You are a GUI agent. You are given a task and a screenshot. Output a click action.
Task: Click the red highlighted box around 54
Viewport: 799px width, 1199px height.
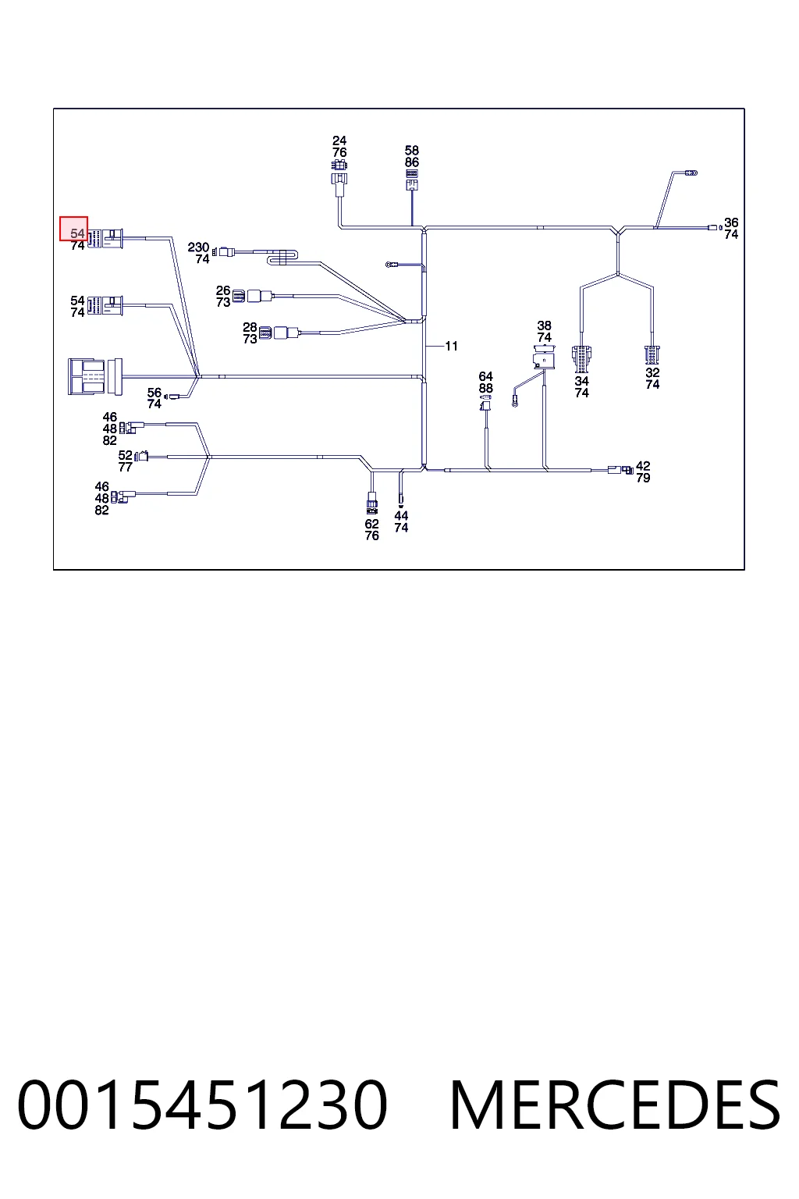coord(74,229)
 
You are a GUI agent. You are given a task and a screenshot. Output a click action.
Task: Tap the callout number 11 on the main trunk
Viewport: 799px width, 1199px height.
coord(451,347)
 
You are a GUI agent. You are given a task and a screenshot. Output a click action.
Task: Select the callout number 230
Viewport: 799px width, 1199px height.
coord(198,247)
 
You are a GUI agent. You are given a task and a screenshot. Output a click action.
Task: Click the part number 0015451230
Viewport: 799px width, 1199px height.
coord(202,1105)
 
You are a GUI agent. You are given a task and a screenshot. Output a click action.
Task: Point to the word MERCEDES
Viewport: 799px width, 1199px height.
coord(616,1105)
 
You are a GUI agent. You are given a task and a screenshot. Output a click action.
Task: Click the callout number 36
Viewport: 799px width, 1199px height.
coord(731,222)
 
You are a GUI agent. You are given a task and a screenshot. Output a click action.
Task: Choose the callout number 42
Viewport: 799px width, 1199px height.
coord(643,466)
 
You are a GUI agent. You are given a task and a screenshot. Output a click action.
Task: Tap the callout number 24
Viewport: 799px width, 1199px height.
coord(339,141)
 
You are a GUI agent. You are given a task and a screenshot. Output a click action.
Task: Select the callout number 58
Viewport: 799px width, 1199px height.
coord(411,151)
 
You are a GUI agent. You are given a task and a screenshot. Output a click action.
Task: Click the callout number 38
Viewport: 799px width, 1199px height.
coord(545,326)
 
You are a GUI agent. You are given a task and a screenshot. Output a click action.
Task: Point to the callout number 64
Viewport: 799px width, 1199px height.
coord(485,376)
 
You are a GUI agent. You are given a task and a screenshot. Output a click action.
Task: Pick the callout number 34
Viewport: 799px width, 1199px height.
coord(582,381)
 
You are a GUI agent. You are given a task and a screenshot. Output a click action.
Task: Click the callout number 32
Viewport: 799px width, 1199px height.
coord(652,372)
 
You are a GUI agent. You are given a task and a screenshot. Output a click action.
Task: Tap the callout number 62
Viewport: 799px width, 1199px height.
coord(372,524)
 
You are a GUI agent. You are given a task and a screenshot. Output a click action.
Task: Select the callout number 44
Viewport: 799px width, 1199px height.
coord(401,515)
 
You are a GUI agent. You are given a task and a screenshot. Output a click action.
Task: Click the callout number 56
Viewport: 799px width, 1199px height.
coord(154,393)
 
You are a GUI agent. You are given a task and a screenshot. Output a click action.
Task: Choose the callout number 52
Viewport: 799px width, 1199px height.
coord(125,456)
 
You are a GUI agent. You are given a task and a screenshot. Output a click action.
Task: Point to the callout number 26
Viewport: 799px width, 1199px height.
coord(223,290)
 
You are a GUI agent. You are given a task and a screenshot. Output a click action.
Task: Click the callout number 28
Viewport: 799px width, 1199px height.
coord(250,327)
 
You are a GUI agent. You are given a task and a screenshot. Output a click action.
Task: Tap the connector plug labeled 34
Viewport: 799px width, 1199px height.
coord(582,358)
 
